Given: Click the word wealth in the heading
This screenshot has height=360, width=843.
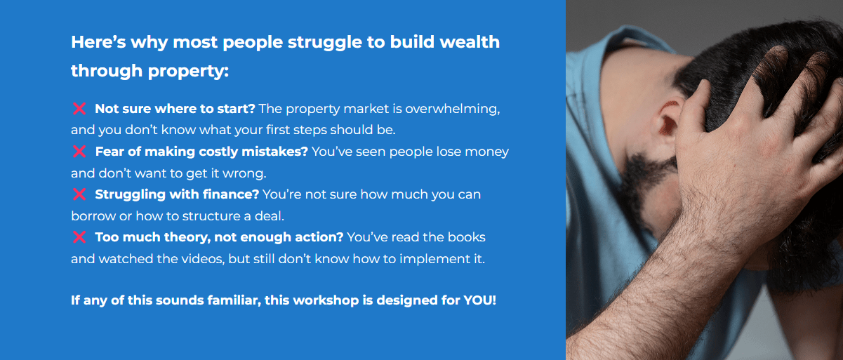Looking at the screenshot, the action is [470, 42].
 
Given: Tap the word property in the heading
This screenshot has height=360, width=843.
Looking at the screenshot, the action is [188, 72].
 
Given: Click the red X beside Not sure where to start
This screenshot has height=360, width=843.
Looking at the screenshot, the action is [79, 109].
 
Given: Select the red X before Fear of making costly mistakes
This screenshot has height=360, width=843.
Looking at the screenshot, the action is [79, 152].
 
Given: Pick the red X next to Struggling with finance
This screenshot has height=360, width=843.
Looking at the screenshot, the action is [79, 194].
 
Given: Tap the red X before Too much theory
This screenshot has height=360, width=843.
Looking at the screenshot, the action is [79, 237].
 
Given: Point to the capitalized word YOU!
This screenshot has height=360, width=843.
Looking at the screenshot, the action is [480, 300].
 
